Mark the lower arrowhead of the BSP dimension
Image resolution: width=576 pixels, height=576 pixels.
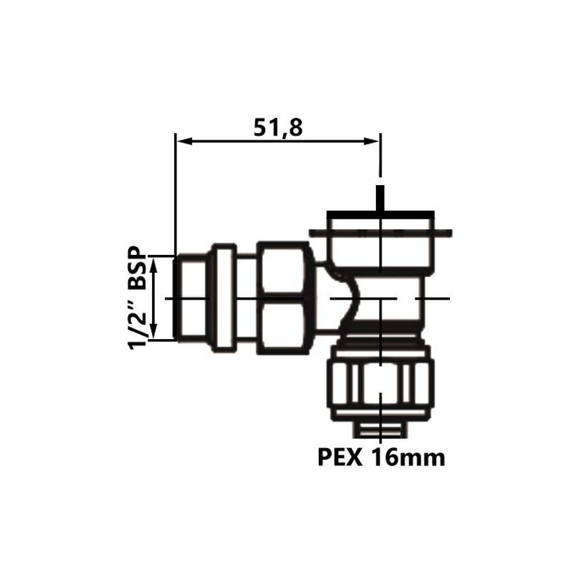pyautogui.click(x=153, y=335)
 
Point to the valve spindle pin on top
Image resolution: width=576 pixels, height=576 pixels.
pyautogui.click(x=380, y=198)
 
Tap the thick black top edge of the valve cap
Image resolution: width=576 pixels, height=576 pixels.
pyautogui.click(x=380, y=215)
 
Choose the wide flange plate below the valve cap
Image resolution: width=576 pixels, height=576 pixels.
pyautogui.click(x=380, y=233)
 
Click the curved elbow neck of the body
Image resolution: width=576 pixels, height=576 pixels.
pyautogui.click(x=344, y=302)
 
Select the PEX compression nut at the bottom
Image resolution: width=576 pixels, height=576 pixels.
pyautogui.click(x=380, y=382)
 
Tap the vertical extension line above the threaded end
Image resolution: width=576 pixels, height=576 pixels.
pyautogui.click(x=175, y=194)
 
